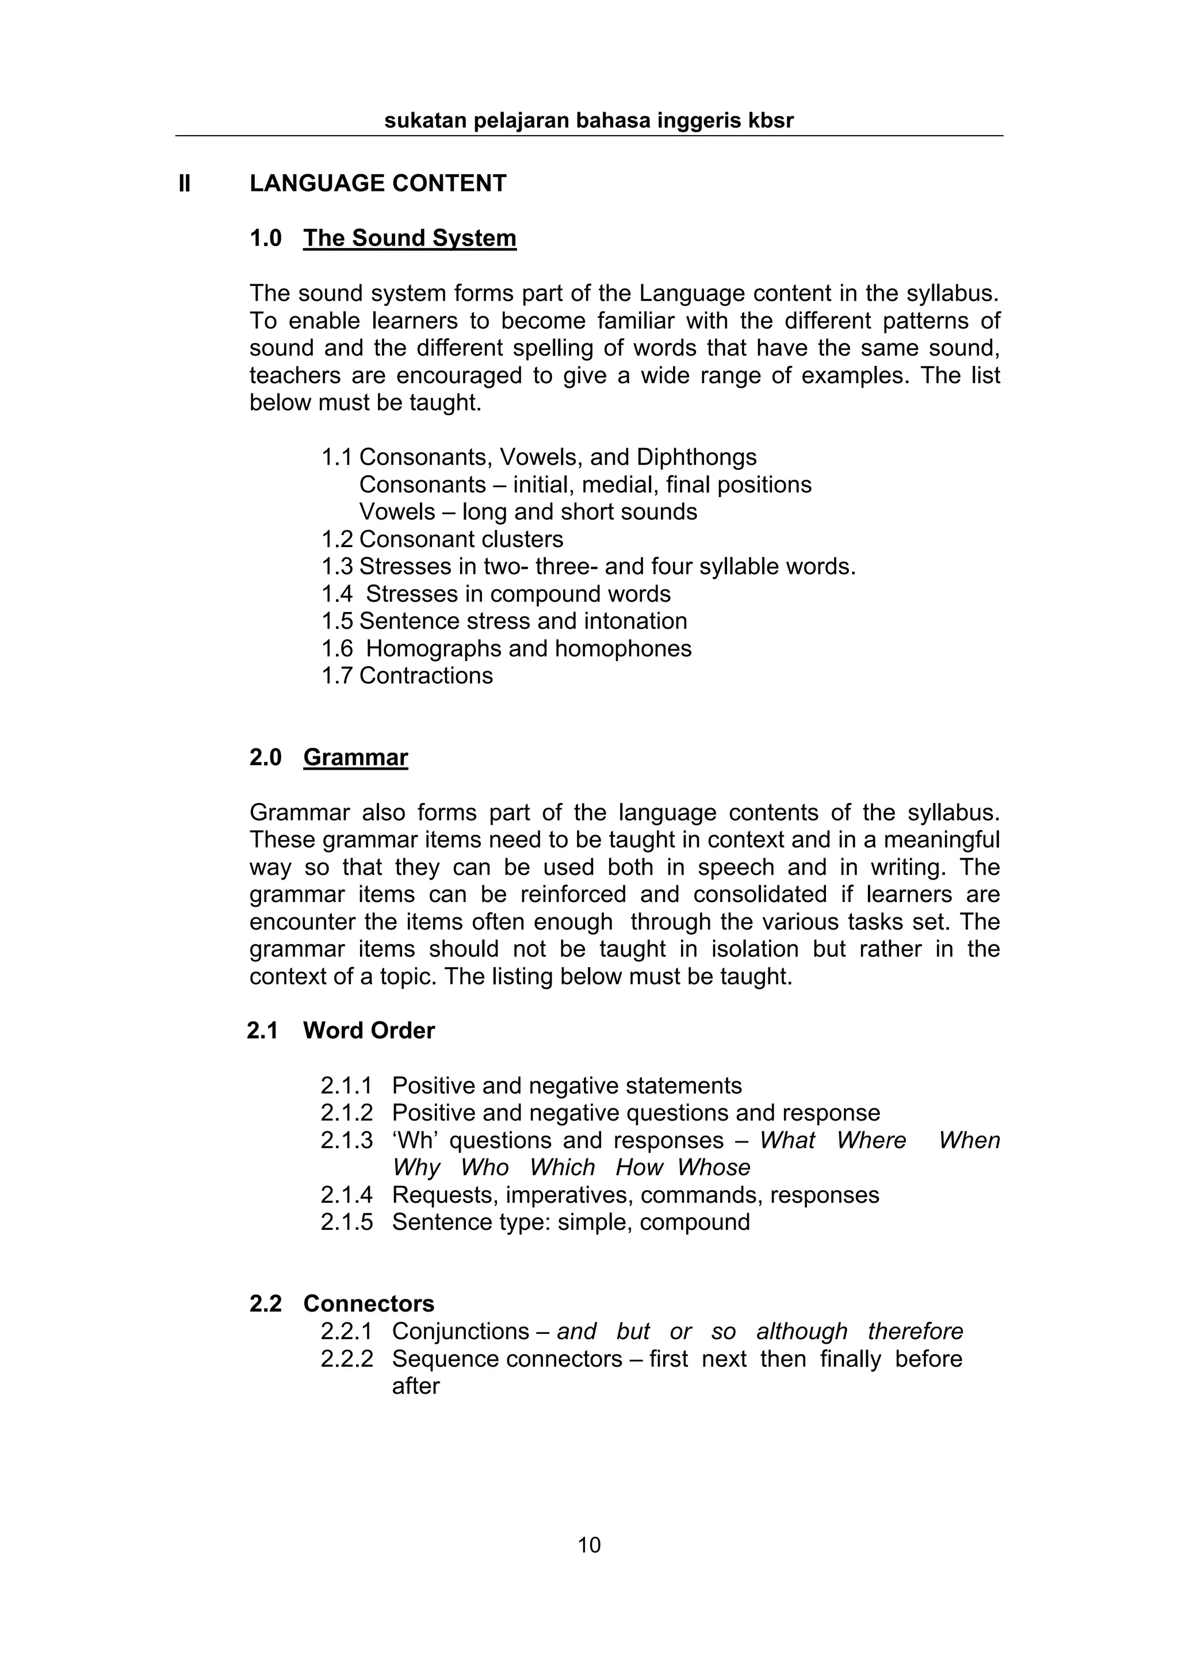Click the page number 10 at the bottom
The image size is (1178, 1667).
(588, 1546)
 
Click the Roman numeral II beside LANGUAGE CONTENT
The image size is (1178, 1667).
(185, 183)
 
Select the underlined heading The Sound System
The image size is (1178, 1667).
(410, 238)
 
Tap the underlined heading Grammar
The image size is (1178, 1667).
(355, 757)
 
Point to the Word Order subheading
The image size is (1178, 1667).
(369, 1030)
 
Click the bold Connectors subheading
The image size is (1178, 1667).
(369, 1303)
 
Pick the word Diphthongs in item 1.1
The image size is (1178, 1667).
(696, 457)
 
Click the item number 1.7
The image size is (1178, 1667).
(337, 676)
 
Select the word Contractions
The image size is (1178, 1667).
(426, 676)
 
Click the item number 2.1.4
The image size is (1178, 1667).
(346, 1194)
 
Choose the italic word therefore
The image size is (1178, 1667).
(915, 1332)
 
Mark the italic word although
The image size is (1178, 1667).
(801, 1332)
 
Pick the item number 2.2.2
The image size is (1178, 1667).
(346, 1359)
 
